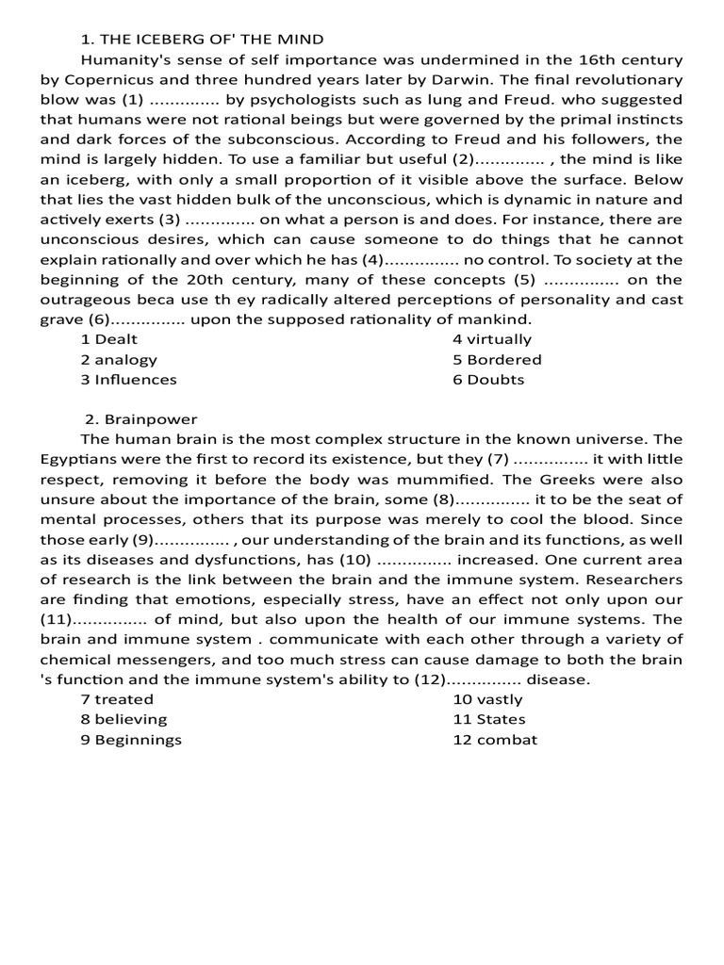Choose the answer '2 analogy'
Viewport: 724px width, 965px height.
pos(119,359)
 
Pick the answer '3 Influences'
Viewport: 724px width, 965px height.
pos(128,380)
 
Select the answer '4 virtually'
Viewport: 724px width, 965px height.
pos(492,339)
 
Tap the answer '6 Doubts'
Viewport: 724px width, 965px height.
pos(488,380)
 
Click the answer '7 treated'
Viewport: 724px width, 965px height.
pos(117,699)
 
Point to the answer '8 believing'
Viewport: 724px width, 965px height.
pos(123,719)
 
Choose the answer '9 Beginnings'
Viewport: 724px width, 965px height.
pos(131,740)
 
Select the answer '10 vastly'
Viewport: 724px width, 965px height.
pos(487,699)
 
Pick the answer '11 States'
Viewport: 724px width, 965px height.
pos(489,719)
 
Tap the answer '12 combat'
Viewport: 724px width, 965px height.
pos(495,740)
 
